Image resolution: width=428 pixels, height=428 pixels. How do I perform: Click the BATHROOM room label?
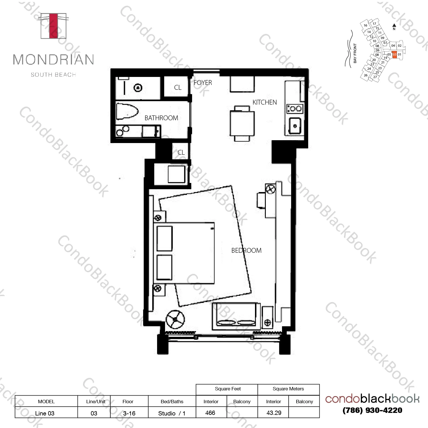tap(161, 118)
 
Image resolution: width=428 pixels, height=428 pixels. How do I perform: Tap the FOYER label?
tap(203, 83)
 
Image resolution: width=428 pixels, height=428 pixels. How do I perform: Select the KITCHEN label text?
tap(264, 102)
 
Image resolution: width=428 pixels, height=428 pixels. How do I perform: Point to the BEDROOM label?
tap(246, 250)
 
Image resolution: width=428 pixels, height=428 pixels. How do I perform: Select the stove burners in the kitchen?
tap(295, 109)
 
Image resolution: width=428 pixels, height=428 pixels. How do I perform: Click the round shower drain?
tap(138, 88)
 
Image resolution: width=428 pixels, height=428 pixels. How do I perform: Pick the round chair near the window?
tap(175, 319)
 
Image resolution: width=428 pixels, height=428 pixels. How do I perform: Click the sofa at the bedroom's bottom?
tap(236, 316)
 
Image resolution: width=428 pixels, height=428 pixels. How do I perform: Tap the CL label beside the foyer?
tap(178, 87)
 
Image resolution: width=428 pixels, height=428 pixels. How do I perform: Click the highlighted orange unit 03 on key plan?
tap(394, 54)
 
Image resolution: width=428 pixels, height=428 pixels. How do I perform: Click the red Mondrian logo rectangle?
tap(53, 26)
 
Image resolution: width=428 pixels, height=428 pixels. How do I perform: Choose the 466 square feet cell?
tap(210, 413)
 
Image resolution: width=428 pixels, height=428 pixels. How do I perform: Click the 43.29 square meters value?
tap(273, 413)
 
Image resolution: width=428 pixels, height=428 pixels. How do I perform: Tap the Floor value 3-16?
tap(129, 413)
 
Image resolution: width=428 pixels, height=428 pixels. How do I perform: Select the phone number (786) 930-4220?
tap(373, 410)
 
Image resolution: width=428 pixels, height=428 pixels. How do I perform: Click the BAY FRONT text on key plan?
tap(355, 53)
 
